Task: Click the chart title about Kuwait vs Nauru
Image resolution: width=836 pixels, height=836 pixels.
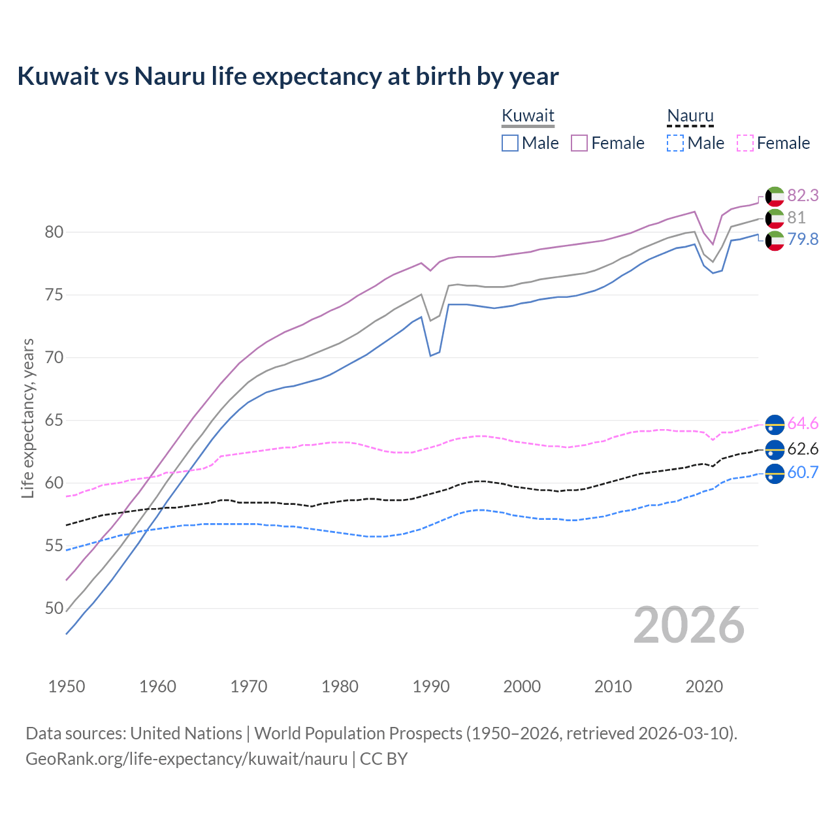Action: [288, 76]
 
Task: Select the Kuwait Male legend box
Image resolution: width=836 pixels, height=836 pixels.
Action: [510, 143]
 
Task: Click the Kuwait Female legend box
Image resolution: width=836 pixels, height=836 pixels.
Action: [580, 143]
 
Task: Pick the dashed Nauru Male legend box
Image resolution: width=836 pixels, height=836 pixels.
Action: [675, 143]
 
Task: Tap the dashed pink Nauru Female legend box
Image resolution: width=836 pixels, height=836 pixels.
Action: [745, 143]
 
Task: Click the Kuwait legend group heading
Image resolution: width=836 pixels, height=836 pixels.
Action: [528, 116]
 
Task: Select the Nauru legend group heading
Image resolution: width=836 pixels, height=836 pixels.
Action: [690, 116]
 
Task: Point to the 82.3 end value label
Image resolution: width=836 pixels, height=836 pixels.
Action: [803, 195]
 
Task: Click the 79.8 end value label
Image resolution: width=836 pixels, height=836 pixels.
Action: [803, 239]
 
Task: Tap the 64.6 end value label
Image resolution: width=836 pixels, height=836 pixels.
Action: [803, 423]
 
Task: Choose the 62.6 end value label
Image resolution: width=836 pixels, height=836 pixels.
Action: [803, 449]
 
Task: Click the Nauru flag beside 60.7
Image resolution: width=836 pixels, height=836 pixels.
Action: [775, 473]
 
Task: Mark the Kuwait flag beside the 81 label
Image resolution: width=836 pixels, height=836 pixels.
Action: [775, 218]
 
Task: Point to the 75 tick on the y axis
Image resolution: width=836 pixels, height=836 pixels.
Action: [54, 295]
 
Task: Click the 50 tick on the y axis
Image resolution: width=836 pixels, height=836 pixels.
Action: [54, 608]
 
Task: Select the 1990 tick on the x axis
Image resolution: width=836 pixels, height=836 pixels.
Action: [431, 686]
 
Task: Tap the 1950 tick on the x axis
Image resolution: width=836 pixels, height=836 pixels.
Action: [67, 686]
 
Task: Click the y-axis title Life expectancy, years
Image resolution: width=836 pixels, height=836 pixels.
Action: [28, 418]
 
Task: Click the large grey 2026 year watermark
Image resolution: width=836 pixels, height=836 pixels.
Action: [688, 625]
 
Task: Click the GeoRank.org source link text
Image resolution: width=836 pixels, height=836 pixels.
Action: [187, 759]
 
